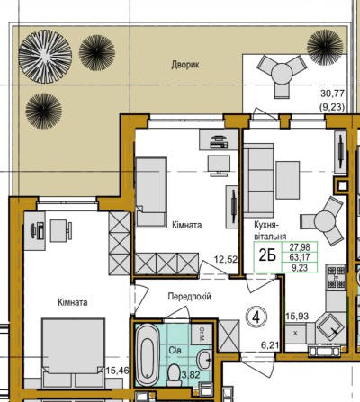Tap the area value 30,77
click(x=332, y=92)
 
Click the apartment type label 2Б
click(x=268, y=254)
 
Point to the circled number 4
click(x=256, y=316)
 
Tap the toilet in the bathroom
click(x=175, y=371)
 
